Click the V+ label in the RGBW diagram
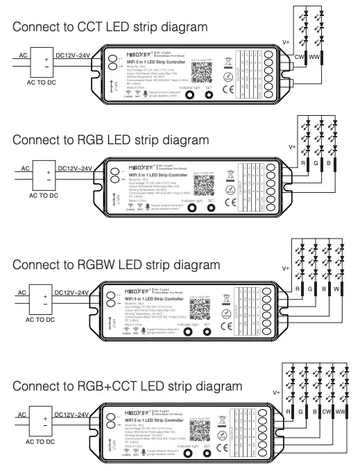click(x=286, y=268)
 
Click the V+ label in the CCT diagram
click(x=286, y=42)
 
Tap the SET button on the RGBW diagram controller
click(x=207, y=332)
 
